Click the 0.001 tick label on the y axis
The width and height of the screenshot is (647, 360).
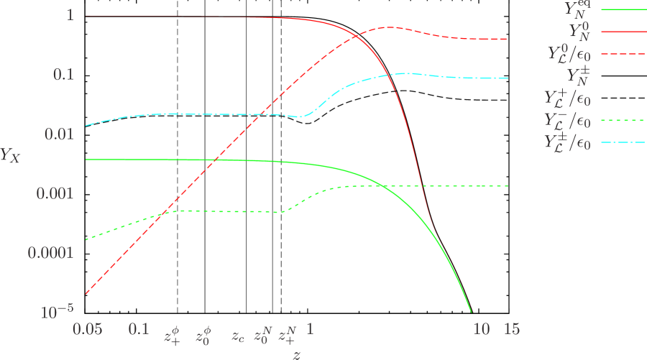click(52, 193)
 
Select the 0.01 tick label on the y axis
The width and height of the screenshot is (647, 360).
click(57, 134)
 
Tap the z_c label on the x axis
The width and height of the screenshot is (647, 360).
click(238, 335)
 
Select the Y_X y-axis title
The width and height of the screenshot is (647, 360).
click(11, 154)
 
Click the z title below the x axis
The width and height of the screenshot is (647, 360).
click(296, 353)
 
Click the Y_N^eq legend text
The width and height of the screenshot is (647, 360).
click(574, 9)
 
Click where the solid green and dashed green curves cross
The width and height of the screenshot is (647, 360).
click(382, 186)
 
